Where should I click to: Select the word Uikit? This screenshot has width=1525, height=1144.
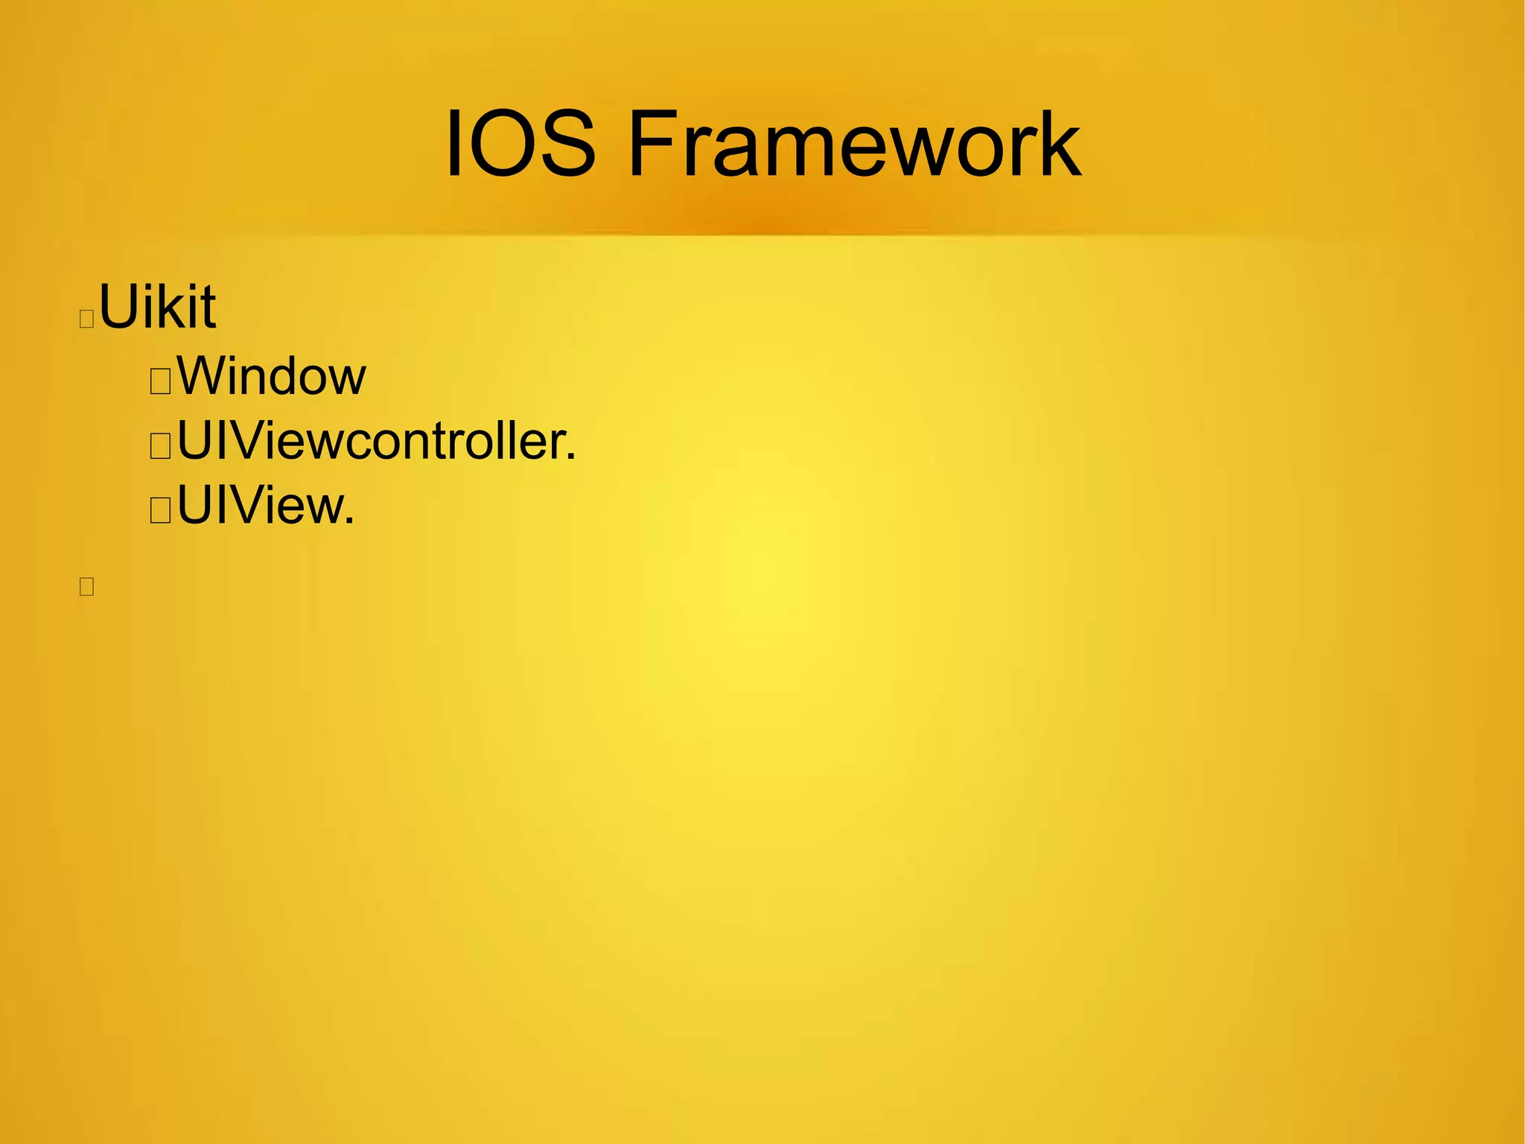pyautogui.click(x=157, y=306)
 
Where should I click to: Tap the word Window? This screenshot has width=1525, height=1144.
pyautogui.click(x=271, y=376)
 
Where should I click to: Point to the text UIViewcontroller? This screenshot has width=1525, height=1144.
pyautogui.click(x=376, y=441)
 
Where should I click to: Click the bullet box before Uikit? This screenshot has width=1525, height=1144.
pyautogui.click(x=86, y=319)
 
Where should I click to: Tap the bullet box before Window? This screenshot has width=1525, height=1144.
pyautogui.click(x=160, y=382)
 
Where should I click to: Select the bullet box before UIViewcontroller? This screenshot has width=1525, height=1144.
pyautogui.click(x=160, y=447)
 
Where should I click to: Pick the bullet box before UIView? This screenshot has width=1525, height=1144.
pyautogui.click(x=160, y=512)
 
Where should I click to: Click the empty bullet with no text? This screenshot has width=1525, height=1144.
pyautogui.click(x=86, y=587)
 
